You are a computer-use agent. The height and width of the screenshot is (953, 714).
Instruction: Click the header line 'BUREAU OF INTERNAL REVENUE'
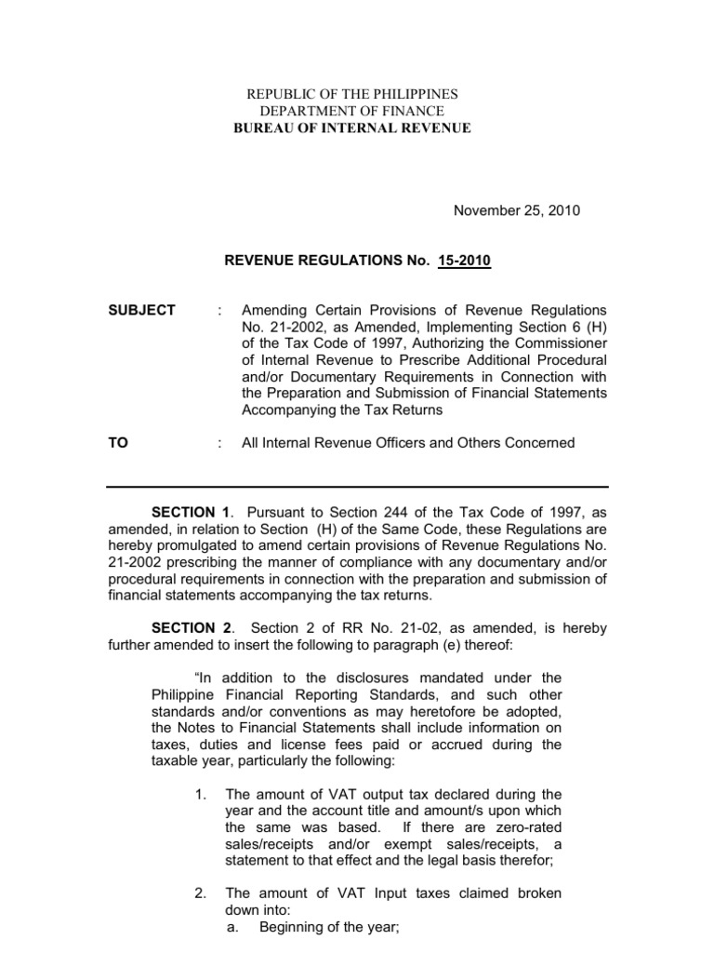pos(351,128)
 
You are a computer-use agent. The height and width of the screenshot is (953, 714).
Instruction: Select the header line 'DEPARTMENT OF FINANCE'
pos(351,112)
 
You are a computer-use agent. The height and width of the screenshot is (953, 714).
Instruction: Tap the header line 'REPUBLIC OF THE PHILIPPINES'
pos(351,95)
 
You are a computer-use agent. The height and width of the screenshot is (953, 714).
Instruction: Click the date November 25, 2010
pos(516,210)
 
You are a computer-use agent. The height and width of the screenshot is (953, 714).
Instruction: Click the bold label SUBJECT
pos(142,310)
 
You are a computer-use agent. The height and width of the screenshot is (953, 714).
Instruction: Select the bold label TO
pos(117,443)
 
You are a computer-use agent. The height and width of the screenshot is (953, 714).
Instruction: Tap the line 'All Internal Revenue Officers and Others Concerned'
pos(408,443)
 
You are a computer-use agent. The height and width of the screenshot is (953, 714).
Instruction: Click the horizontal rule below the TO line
pos(357,487)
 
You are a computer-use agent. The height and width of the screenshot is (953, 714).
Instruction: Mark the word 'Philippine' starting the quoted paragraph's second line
pos(182,694)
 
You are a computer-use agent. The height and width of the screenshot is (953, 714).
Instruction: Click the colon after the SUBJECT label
pos(220,310)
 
